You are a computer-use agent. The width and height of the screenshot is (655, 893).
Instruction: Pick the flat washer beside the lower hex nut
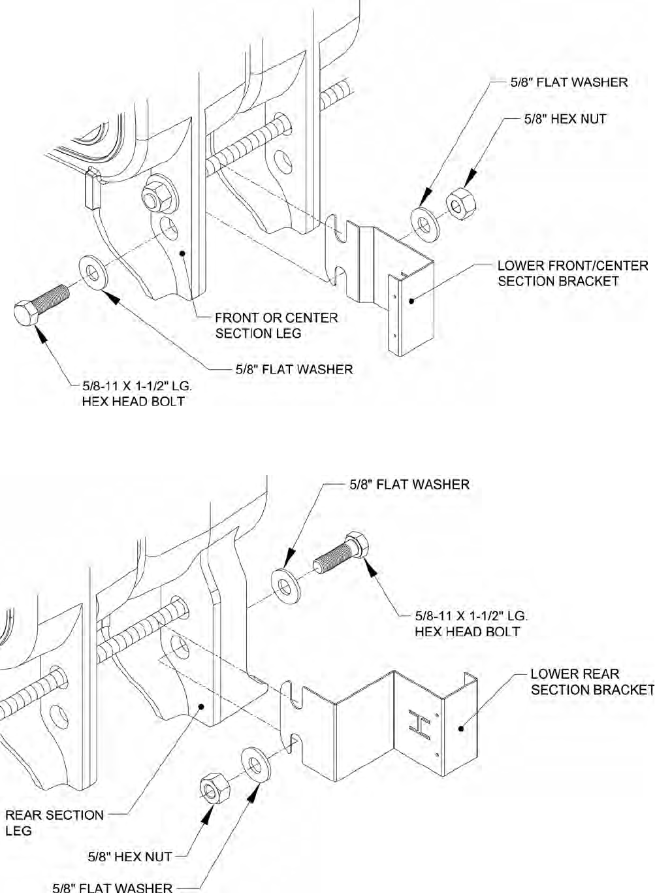[257, 765]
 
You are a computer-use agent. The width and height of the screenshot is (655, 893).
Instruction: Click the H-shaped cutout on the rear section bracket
[418, 725]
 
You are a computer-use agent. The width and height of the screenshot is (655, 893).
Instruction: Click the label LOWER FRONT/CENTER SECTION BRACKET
[573, 274]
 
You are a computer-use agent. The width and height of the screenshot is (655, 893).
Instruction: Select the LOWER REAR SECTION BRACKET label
[592, 681]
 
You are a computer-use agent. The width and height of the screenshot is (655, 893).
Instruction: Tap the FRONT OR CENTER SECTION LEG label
[277, 325]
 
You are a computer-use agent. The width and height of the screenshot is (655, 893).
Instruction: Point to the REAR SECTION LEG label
[54, 822]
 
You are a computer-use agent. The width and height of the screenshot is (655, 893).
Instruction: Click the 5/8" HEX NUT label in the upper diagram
[565, 119]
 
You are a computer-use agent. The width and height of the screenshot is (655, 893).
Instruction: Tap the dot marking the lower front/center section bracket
[411, 300]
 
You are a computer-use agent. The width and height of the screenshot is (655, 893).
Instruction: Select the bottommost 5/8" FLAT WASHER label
[112, 887]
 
